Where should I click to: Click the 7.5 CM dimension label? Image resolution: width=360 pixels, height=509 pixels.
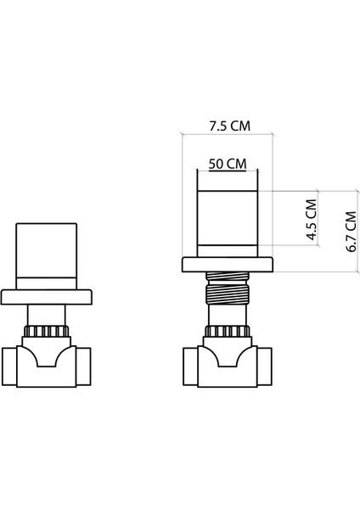click(229, 126)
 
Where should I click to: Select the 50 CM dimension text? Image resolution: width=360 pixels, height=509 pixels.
click(228, 163)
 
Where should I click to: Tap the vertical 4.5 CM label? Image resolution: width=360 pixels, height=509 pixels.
click(311, 221)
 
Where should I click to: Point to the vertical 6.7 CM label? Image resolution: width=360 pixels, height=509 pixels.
click(349, 228)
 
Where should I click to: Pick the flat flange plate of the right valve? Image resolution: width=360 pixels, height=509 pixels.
click(227, 265)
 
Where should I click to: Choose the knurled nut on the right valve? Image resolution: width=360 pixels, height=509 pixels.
click(227, 332)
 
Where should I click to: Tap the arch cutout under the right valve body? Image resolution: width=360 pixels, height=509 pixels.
click(227, 366)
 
